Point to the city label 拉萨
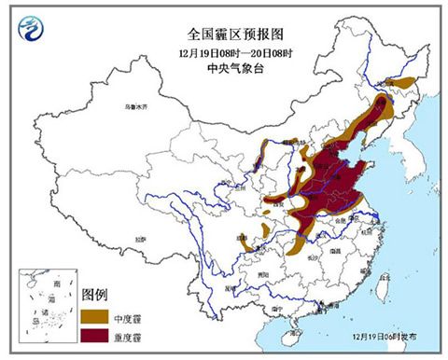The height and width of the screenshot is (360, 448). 139,239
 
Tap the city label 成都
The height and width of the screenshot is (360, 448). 242,237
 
